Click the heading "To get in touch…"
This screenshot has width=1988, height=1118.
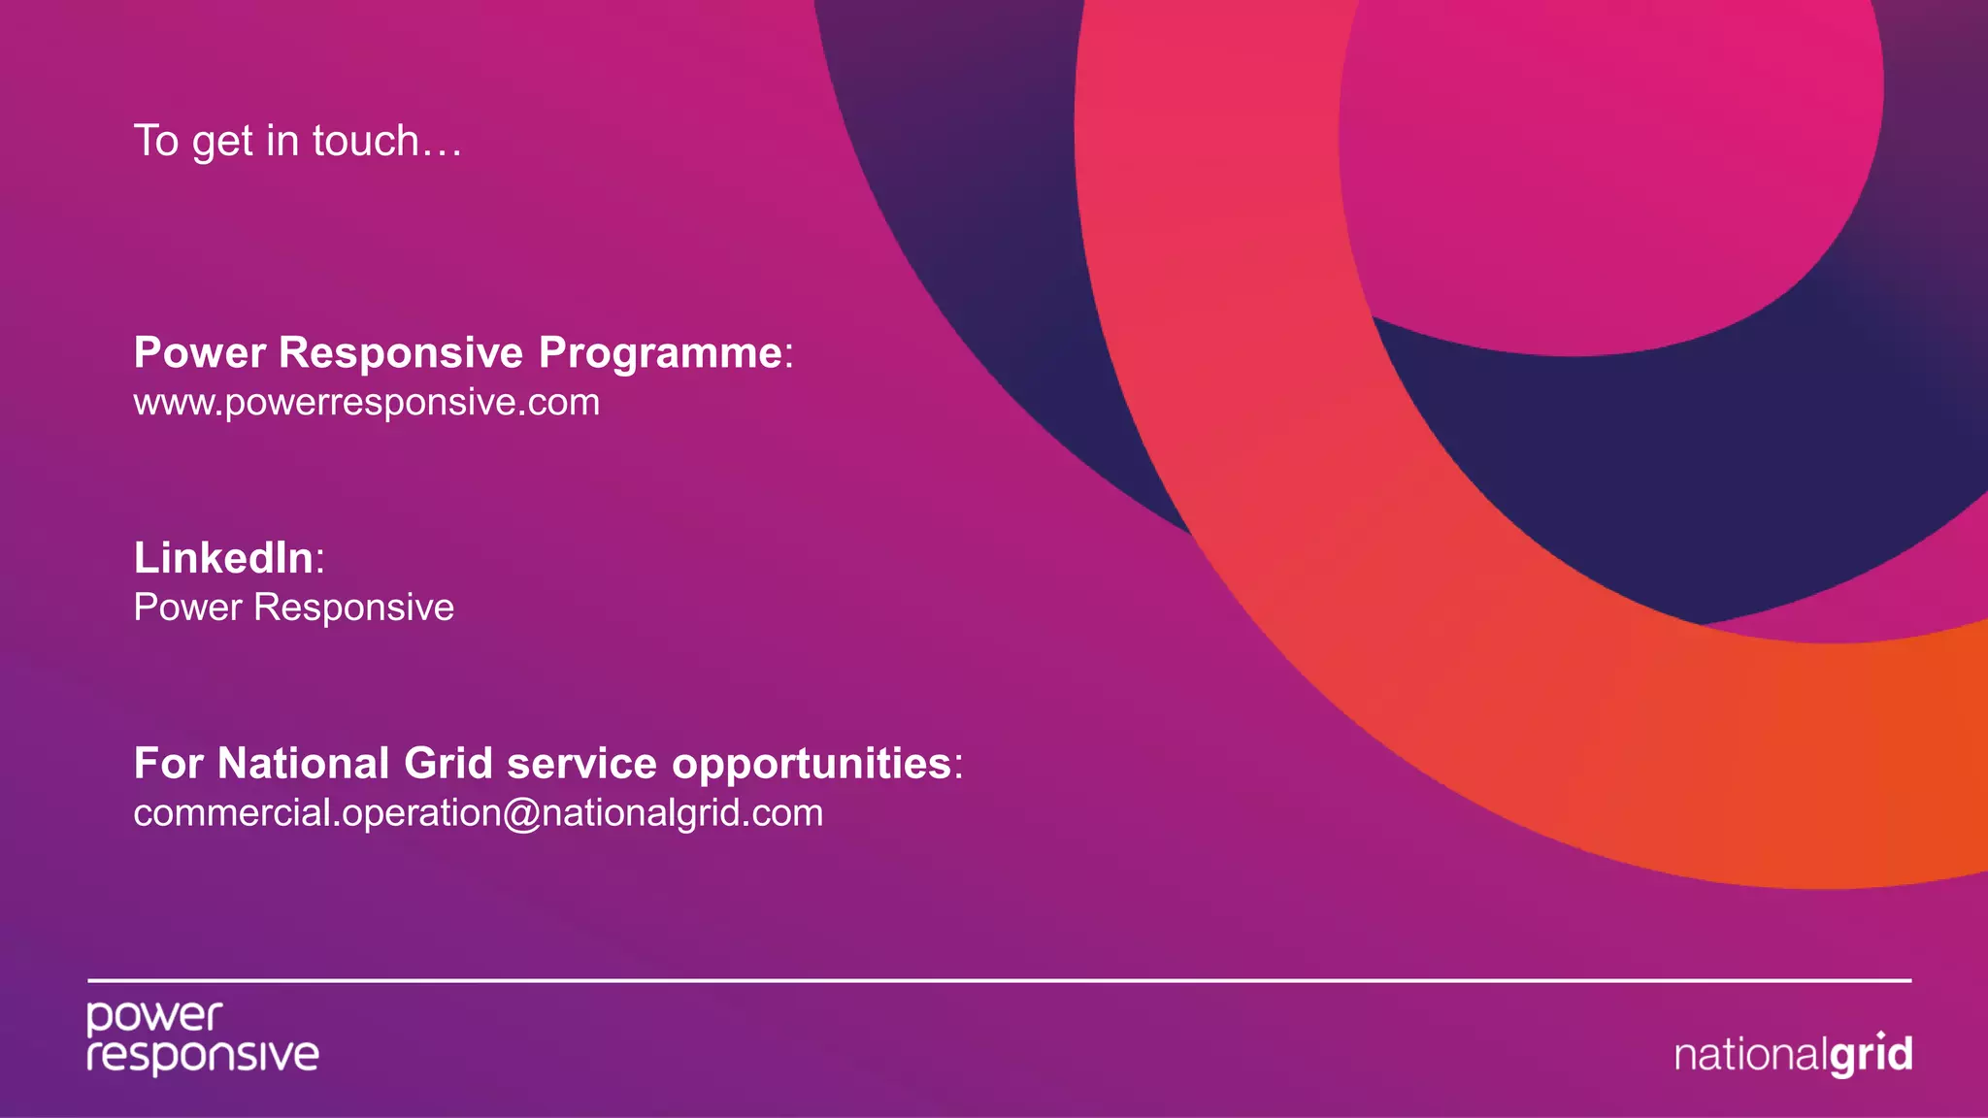point(297,142)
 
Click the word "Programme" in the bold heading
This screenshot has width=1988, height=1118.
point(660,353)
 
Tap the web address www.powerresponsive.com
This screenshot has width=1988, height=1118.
point(367,403)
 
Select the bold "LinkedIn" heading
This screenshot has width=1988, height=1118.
point(224,558)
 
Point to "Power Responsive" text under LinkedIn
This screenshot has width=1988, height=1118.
point(293,608)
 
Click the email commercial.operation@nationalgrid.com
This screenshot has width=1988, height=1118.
point(478,813)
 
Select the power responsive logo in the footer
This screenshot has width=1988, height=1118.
point(202,1037)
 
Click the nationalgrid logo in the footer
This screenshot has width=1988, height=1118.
point(1793,1054)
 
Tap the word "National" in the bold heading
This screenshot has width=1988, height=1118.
point(304,764)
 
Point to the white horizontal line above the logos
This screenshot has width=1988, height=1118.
point(999,981)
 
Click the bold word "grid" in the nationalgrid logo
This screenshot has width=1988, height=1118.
point(1871,1055)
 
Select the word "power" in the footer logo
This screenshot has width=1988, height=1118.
point(154,1017)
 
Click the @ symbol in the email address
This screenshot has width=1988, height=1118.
point(521,813)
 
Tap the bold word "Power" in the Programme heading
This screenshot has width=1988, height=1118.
point(199,353)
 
